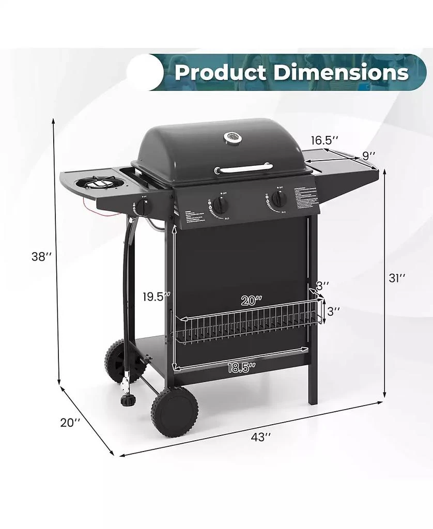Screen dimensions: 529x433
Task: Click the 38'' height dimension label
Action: click(39, 257)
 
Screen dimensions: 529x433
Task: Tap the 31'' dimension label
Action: click(397, 277)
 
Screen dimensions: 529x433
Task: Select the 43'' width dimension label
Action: click(261, 437)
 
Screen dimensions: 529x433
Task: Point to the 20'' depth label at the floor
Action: click(70, 422)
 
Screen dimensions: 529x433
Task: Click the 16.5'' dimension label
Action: click(324, 140)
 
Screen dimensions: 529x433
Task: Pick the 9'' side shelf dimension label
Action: click(368, 154)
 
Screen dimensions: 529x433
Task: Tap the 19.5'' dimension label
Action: click(157, 297)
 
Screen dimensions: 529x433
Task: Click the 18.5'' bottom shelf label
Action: click(241, 368)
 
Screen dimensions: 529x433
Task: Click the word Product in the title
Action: click(220, 72)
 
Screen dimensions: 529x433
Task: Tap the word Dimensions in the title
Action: click(341, 72)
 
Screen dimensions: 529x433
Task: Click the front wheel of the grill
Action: click(175, 412)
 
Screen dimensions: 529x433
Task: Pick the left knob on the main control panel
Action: click(221, 205)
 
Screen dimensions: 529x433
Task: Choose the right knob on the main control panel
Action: click(279, 199)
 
